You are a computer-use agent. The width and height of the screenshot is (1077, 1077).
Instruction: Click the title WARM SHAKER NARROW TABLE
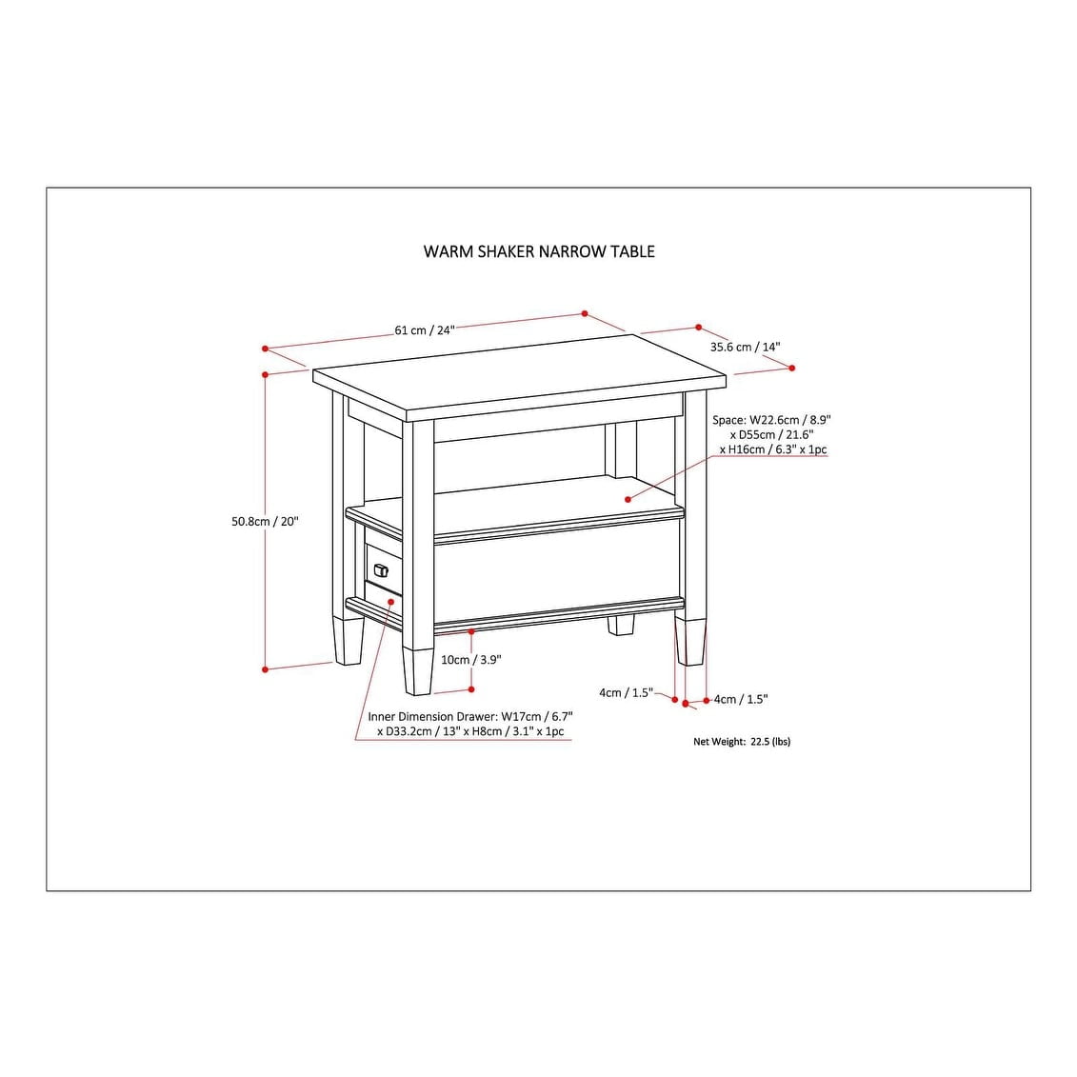point(539,251)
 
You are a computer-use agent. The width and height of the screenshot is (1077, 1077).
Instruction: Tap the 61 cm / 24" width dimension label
point(425,330)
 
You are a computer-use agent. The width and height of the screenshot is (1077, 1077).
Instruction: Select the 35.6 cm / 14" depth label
point(745,348)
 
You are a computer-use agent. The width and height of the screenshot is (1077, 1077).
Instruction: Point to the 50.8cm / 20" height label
point(265,521)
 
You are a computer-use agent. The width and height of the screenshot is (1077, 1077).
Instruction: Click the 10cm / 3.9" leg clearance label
point(470,659)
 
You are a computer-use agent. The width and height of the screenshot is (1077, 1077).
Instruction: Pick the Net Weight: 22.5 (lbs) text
point(741,741)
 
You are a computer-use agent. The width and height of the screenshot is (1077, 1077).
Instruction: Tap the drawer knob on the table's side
point(382,569)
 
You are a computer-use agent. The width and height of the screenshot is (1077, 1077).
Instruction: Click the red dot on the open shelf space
point(628,498)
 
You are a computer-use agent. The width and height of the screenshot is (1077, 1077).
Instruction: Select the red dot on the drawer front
point(391,602)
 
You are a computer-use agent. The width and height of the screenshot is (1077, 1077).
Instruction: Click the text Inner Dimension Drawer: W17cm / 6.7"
point(470,716)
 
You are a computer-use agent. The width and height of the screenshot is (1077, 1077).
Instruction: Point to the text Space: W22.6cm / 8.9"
point(765,419)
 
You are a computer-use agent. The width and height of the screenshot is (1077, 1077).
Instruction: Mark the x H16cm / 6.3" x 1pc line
point(773,449)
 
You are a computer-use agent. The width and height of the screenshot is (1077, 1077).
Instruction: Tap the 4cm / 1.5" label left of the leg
point(626,692)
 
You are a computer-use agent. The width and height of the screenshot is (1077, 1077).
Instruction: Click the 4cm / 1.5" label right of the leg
point(741,699)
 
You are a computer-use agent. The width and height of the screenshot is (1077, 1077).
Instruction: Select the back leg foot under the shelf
point(621,625)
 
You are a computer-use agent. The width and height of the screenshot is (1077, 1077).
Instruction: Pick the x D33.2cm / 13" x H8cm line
point(470,731)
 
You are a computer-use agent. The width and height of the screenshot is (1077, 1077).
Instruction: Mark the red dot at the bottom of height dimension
point(266,669)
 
